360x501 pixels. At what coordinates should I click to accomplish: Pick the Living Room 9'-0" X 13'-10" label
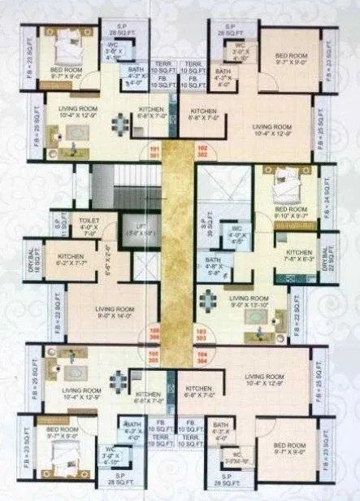pos(249,303)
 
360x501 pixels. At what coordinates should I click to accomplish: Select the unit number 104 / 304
pos(203,357)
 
